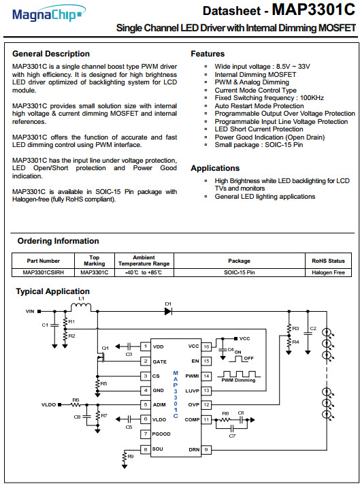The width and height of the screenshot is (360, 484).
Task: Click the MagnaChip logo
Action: coord(49,14)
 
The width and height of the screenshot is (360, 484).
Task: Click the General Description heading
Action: coord(51,54)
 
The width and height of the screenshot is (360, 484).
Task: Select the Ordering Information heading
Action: coord(59,241)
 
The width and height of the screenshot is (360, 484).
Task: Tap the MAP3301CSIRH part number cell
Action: coord(43,272)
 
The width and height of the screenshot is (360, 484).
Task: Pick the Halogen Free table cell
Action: coord(328,272)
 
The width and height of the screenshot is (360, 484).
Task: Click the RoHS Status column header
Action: coord(328,261)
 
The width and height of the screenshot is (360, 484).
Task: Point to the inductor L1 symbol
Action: coord(81,307)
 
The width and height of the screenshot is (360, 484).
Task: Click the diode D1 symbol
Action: coord(168,312)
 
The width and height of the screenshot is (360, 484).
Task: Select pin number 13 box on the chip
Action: coord(206,391)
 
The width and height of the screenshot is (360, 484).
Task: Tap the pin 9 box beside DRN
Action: coord(206,450)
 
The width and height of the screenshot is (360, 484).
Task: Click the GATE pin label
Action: coord(159,361)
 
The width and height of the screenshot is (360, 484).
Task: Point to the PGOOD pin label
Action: coord(161,434)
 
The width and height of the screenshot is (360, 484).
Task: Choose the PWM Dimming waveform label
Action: coord(238,381)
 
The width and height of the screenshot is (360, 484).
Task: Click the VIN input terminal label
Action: coord(31,312)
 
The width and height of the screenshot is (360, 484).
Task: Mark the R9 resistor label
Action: coord(131,457)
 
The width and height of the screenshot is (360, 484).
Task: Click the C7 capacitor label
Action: coord(233,436)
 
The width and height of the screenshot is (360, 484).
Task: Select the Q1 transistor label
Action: coord(105,348)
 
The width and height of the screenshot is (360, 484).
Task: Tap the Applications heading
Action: coord(215,168)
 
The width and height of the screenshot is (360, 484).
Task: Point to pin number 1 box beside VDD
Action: coord(146,346)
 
